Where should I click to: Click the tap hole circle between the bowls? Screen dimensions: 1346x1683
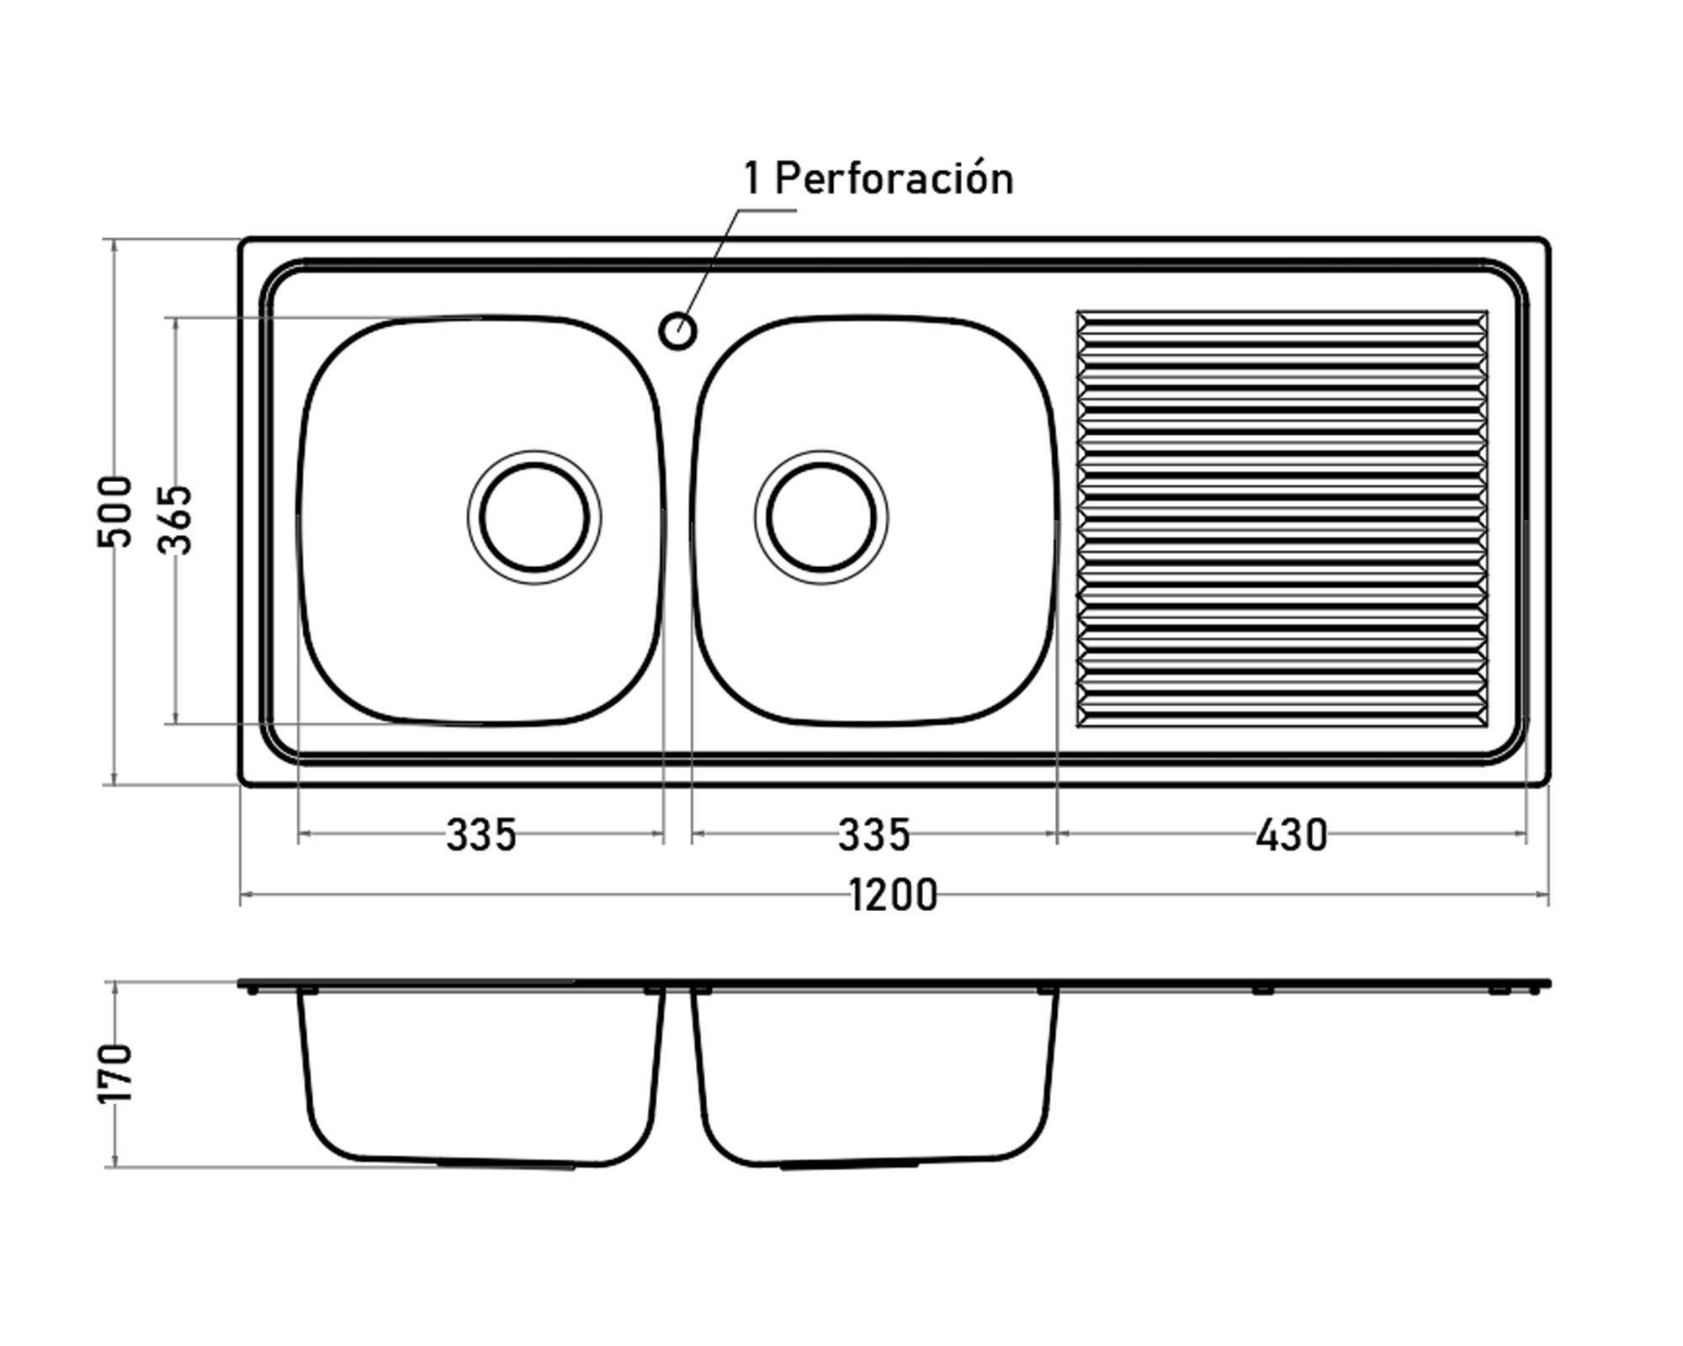677,331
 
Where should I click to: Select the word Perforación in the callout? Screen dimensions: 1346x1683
894,179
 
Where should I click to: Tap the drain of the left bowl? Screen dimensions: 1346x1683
534,517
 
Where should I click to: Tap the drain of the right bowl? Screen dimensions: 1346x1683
821,517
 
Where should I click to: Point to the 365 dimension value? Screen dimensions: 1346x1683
177,519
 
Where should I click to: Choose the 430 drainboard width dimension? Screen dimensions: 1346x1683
1291,835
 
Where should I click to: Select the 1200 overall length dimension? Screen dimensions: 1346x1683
893,895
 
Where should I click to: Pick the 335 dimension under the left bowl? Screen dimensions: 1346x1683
480,835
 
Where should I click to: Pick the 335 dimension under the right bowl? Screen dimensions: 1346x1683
873,835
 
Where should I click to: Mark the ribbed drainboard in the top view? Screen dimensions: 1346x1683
1282,519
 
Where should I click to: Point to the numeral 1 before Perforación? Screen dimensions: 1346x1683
751,179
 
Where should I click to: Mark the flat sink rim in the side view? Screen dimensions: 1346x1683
1262,983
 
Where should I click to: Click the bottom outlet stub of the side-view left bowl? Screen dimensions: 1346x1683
505,1164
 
